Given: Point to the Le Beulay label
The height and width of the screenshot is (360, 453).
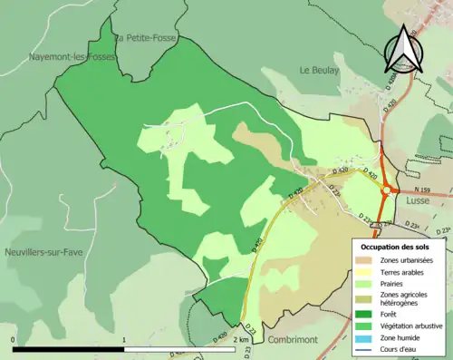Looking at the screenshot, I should [x=318, y=70].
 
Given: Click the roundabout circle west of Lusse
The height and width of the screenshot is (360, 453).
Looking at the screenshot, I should [x=388, y=190].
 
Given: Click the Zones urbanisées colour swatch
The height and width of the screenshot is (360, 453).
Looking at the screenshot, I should [x=365, y=261].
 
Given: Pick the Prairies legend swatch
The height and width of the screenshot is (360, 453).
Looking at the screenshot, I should [x=365, y=283].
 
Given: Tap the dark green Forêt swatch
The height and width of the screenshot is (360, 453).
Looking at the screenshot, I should [x=365, y=314].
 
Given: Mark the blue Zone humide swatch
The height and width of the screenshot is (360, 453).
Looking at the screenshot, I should [x=365, y=336].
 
